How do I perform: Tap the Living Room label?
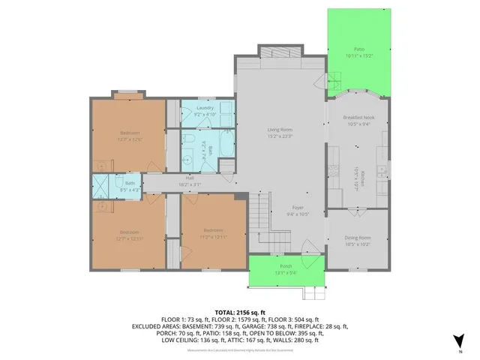coord(280,130)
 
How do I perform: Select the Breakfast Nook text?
coord(358,118)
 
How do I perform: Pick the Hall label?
coord(190,178)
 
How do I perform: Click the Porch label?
coord(286,266)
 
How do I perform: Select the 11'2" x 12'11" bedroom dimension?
coord(212,237)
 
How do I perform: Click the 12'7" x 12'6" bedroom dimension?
coord(128,139)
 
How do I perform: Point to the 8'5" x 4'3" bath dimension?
coord(130,190)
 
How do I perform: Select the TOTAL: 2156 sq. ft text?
coord(239,310)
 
